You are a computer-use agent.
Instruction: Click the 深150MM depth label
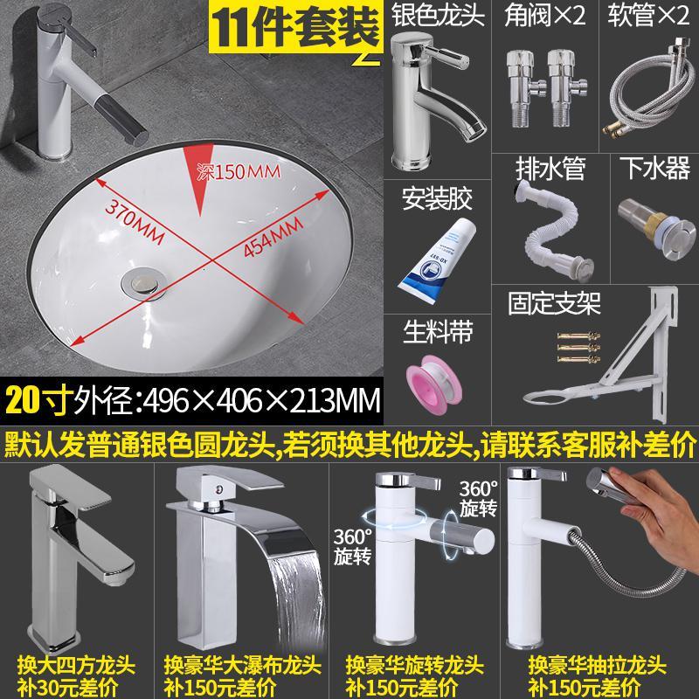(x=239, y=171)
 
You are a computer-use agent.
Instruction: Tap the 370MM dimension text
(x=135, y=221)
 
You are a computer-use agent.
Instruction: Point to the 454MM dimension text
(x=273, y=237)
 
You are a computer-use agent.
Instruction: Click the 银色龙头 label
(x=438, y=14)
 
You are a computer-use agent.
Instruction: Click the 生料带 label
(x=438, y=332)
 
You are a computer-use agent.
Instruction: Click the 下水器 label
(x=654, y=169)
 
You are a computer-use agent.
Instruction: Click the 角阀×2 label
(x=544, y=14)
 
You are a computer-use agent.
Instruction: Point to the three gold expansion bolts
(x=578, y=346)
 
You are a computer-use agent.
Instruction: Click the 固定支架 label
(x=555, y=303)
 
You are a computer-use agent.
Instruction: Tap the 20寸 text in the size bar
(x=37, y=399)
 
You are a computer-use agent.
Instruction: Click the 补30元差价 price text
(x=68, y=687)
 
